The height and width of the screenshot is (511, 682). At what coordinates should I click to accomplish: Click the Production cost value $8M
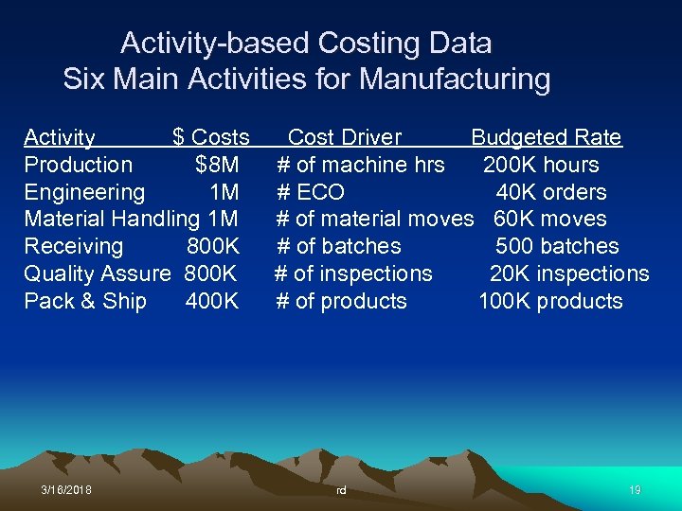217,165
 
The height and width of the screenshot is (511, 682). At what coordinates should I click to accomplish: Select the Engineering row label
84,192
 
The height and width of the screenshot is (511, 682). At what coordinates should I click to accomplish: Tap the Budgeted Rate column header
547,137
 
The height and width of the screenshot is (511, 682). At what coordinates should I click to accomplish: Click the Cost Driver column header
345,137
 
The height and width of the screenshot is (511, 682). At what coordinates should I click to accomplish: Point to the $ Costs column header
211,137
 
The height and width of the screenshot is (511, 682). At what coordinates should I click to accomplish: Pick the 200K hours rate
541,165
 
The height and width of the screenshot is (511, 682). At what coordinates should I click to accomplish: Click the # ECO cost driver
310,192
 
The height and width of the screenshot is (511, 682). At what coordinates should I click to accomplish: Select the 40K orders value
551,192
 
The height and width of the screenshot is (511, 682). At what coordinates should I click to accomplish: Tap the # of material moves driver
374,220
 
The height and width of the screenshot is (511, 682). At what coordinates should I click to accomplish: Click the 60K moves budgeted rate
550,220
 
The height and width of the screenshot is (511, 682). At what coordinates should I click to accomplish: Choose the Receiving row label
74,247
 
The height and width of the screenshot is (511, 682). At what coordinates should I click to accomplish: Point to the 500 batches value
557,247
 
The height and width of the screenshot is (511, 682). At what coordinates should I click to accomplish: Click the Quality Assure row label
98,274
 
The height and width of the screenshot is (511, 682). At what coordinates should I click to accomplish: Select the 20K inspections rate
569,274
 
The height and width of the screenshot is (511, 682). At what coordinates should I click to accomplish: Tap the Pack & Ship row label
85,302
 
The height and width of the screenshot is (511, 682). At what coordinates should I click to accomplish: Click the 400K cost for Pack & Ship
213,302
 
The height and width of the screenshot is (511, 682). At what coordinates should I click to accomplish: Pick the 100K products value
551,302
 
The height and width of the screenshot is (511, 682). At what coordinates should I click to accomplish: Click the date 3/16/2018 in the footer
66,490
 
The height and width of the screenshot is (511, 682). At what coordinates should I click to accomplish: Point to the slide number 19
635,490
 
